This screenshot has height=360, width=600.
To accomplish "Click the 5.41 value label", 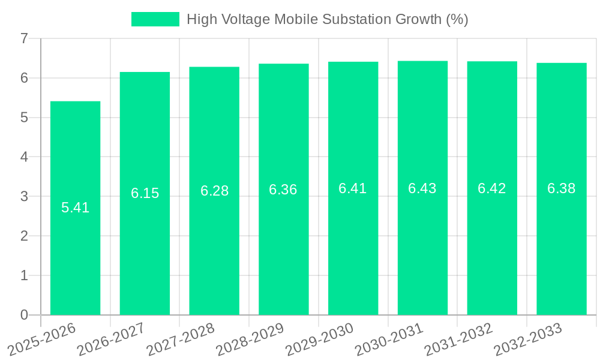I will point(75,208).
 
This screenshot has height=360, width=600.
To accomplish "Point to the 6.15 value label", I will point(145,193).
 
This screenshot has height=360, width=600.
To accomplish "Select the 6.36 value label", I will point(283,190).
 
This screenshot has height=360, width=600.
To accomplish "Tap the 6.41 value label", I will point(353,188).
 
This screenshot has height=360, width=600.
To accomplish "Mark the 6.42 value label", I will point(492,188).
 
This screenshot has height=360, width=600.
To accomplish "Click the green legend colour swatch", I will point(155,19).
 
